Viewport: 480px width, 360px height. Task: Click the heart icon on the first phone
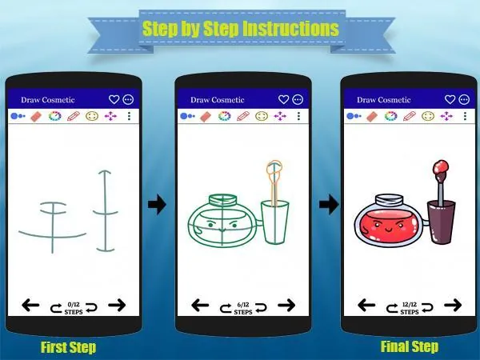click(x=114, y=99)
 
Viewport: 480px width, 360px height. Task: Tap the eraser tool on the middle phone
click(x=206, y=117)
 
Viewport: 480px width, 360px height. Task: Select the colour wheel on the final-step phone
click(x=391, y=116)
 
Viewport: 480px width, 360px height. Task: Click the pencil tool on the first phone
click(x=74, y=116)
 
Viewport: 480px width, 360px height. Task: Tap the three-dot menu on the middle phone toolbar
click(x=298, y=116)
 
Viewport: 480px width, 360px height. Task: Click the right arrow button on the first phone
click(x=117, y=305)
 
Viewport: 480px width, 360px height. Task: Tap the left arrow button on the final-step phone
click(x=366, y=305)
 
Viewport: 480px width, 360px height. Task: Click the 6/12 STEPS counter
click(x=243, y=308)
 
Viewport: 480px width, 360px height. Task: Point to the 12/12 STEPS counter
click(x=410, y=308)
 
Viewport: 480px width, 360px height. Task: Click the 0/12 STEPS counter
click(x=74, y=308)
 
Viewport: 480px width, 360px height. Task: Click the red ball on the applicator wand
click(x=441, y=167)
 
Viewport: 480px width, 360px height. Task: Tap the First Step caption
click(x=69, y=347)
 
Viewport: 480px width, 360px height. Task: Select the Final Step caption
click(x=410, y=346)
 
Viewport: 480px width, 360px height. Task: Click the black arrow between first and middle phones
click(x=157, y=204)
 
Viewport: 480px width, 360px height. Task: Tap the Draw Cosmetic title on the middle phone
click(x=218, y=100)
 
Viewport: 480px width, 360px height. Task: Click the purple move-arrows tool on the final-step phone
click(x=446, y=116)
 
